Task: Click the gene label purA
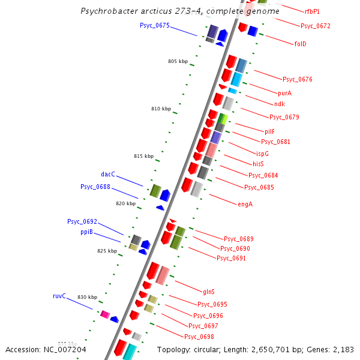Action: click(284, 93)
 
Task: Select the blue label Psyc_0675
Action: click(155, 25)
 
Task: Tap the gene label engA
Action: click(245, 204)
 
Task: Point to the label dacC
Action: click(108, 174)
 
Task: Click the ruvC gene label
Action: click(59, 296)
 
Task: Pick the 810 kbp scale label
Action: click(161, 109)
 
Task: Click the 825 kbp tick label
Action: click(107, 251)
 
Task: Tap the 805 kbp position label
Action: click(178, 62)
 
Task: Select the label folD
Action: click(301, 44)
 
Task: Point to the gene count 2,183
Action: click(343, 349)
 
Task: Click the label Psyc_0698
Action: click(199, 337)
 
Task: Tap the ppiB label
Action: click(87, 232)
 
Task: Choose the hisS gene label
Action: click(258, 164)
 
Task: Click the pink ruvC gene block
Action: click(104, 314)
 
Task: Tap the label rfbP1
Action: click(312, 11)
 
